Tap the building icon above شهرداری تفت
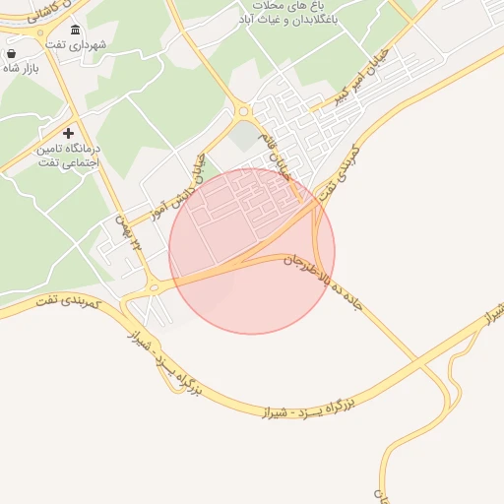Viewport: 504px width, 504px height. point(76,30)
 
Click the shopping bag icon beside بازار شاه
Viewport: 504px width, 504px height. point(11,54)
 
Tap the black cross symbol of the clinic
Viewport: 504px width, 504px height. point(68,132)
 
